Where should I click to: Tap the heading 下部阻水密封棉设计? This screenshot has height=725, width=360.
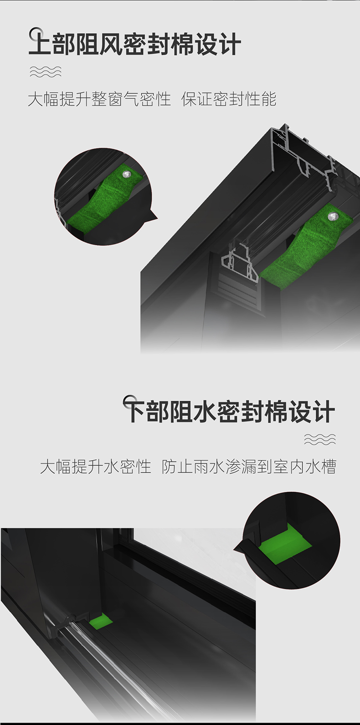(229, 411)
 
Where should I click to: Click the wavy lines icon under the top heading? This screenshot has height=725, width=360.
(46, 71)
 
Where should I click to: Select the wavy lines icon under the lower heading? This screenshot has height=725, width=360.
(320, 439)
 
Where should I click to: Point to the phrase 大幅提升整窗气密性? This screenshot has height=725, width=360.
(99, 99)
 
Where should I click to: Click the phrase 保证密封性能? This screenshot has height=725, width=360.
(229, 99)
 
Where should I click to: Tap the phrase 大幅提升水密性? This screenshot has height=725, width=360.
(96, 467)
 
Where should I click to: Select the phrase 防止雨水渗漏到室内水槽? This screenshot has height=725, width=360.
(249, 467)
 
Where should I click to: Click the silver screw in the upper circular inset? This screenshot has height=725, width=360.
(126, 175)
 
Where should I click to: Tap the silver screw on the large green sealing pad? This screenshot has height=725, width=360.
(332, 216)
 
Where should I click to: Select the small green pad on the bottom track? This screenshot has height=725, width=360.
(101, 621)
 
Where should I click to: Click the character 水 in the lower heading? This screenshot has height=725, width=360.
(205, 411)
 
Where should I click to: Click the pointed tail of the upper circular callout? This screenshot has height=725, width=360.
(157, 217)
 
